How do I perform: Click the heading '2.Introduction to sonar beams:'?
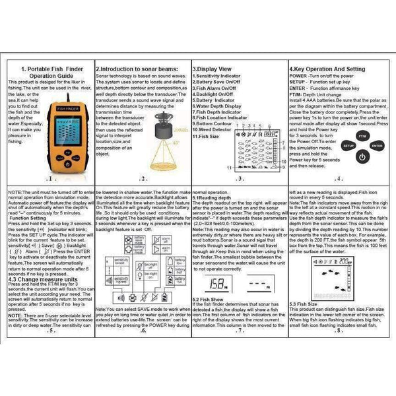(135, 69)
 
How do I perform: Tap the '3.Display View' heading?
(212, 69)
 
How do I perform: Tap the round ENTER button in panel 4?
(376, 145)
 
